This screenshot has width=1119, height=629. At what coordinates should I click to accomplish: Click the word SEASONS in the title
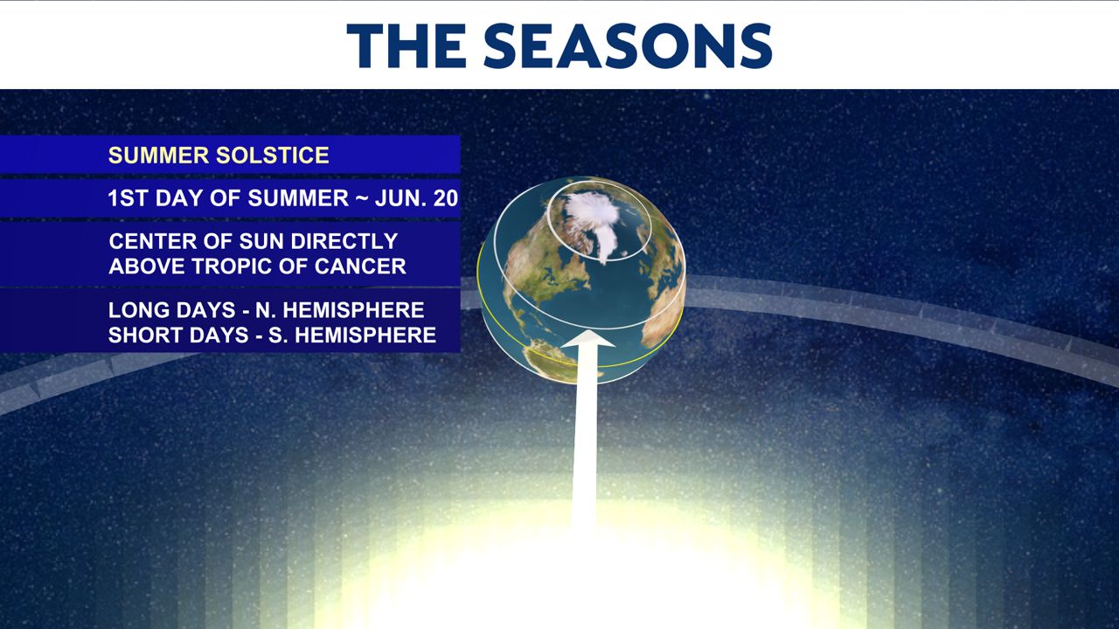point(628,45)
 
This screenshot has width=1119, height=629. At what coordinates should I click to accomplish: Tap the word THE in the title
point(407,45)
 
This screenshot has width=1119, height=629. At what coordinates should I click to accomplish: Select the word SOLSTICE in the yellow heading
point(273,156)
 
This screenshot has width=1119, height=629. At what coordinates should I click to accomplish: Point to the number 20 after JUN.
point(446,198)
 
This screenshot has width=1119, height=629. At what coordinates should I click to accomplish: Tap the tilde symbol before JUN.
point(361,199)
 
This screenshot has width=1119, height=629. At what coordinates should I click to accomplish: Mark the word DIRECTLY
point(344,241)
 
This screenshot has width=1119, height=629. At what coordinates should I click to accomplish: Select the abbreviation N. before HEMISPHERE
point(263,310)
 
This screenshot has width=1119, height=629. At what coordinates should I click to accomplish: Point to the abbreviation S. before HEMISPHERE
point(277,335)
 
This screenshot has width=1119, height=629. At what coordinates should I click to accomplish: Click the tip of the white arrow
point(588,330)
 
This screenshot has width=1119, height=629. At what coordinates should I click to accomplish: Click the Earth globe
point(581,280)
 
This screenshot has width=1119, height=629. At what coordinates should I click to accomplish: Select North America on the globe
point(542,270)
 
